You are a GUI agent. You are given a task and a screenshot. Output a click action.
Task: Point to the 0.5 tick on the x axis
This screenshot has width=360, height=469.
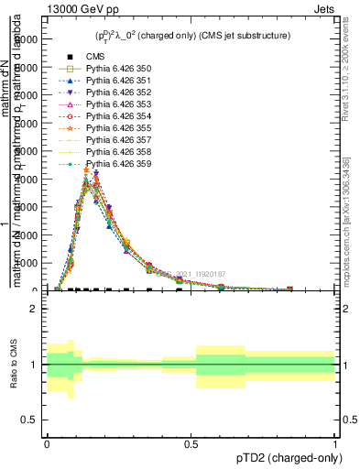click(x=191, y=442)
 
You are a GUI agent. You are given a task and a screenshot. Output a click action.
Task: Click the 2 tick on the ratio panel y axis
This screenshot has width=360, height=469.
click(x=34, y=309)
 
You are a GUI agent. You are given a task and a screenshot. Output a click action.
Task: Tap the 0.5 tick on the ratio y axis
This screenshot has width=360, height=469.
click(x=29, y=420)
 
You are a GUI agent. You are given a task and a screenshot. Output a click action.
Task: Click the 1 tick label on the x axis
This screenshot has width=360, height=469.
click(x=334, y=442)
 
